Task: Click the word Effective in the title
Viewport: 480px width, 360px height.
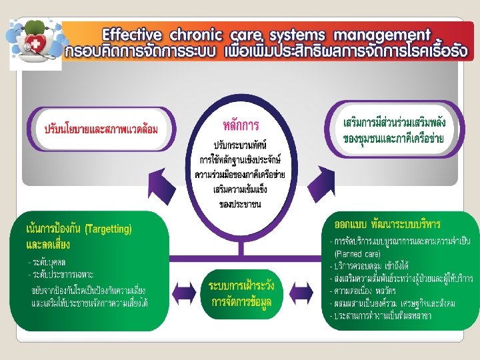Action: (x=132, y=35)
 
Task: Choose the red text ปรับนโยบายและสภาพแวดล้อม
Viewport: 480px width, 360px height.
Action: (x=101, y=129)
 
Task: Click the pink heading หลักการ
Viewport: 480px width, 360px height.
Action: (x=241, y=125)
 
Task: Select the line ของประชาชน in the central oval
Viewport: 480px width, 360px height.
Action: (x=240, y=203)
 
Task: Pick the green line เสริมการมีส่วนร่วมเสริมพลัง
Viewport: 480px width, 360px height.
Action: (x=393, y=125)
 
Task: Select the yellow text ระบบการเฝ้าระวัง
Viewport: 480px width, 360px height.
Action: (x=241, y=285)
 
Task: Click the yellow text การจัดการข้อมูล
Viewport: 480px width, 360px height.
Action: (x=241, y=301)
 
